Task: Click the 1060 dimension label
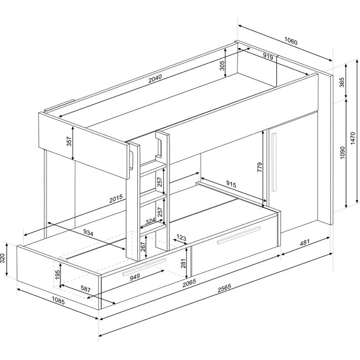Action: click(291, 41)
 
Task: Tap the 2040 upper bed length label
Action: click(155, 79)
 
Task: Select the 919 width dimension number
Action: click(268, 56)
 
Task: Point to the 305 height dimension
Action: click(222, 66)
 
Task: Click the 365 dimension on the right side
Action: click(342, 83)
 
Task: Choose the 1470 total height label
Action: click(353, 138)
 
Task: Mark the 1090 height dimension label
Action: click(342, 152)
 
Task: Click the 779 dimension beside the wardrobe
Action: click(259, 167)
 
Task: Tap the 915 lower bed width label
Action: click(231, 184)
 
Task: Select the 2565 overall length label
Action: click(224, 288)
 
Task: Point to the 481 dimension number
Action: click(305, 242)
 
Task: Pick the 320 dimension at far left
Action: click(3, 258)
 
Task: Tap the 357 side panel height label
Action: click(69, 141)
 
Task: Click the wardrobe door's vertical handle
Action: click(274, 162)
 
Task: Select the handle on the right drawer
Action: click(239, 235)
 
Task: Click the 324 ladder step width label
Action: click(151, 221)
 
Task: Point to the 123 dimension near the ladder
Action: click(181, 238)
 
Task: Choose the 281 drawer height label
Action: click(183, 264)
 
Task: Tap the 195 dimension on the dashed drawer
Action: click(58, 275)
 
